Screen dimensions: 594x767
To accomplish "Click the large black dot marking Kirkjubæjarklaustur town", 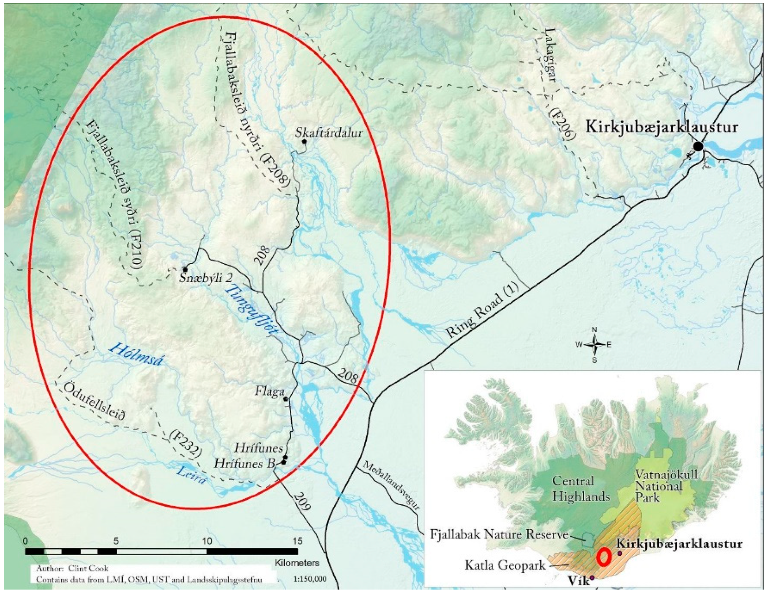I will click(x=698, y=147).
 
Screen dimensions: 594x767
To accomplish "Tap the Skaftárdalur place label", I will click(x=329, y=133).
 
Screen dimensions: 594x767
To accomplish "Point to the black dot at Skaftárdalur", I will click(x=304, y=142).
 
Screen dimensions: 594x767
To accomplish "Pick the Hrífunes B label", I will click(x=244, y=464).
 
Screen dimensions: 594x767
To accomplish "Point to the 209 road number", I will click(x=303, y=501).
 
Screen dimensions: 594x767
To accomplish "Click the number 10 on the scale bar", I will click(x=207, y=541).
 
